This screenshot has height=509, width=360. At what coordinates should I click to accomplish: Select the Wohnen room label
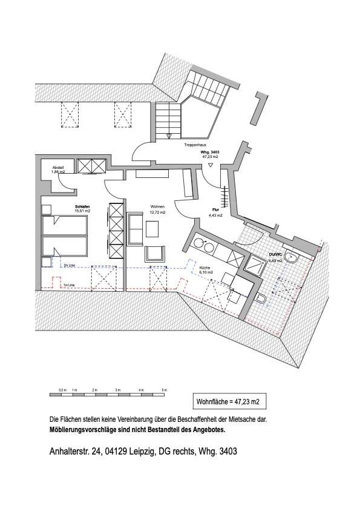pos(157,206)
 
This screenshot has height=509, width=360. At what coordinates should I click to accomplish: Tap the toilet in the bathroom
pos(261,299)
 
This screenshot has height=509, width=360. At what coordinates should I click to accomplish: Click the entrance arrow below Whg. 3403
pos(210,165)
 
